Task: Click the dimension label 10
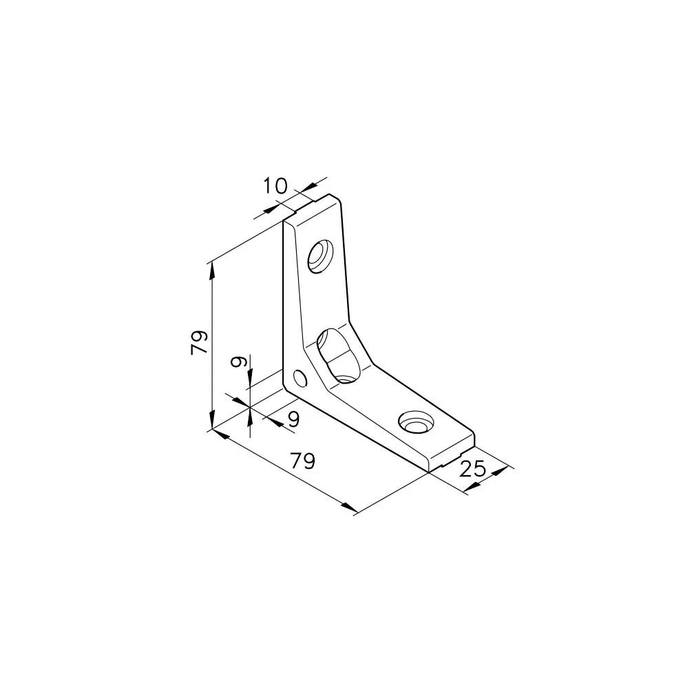pyautogui.click(x=275, y=186)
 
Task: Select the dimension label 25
pyautogui.click(x=472, y=469)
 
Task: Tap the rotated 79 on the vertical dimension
pyautogui.click(x=199, y=342)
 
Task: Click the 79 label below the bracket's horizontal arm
pyautogui.click(x=303, y=461)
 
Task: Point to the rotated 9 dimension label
pyautogui.click(x=238, y=361)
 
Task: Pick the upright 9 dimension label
pyautogui.click(x=294, y=419)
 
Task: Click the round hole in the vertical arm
pyautogui.click(x=321, y=256)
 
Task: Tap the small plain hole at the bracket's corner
pyautogui.click(x=300, y=378)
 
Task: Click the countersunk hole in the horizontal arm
pyautogui.click(x=416, y=422)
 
